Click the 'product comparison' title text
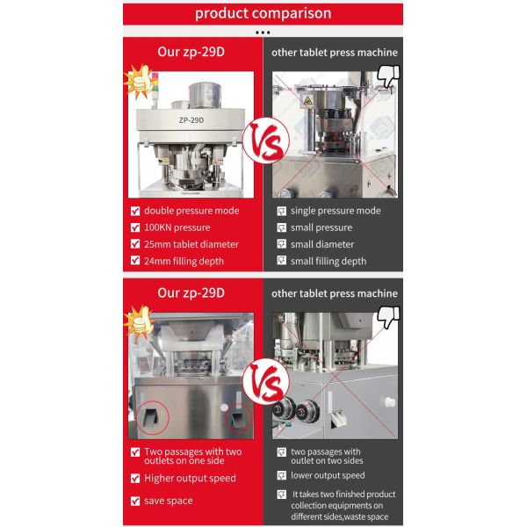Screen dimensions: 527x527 [x=263, y=13]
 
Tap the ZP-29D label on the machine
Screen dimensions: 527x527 [x=191, y=120]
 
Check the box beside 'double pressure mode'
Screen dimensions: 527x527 [x=135, y=211]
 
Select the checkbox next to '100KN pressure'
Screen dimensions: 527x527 [x=135, y=227]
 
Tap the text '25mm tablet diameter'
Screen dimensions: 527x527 [x=191, y=244]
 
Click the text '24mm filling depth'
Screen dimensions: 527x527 [x=184, y=261]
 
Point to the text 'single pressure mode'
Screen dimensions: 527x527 [x=336, y=211]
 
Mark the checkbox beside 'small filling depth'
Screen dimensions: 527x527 [x=282, y=260]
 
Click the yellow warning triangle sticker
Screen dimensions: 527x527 [x=307, y=101]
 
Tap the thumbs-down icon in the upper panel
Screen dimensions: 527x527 [x=388, y=76]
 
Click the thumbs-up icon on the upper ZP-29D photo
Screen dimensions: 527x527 [x=141, y=82]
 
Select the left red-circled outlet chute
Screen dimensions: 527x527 [x=152, y=417]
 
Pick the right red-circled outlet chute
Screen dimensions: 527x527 [x=238, y=418]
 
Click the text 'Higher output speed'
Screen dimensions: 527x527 [x=190, y=479]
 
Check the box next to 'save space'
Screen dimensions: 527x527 [x=135, y=502]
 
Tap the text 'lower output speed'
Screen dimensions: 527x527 [x=328, y=475]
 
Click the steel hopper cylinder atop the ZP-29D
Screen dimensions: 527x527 [x=205, y=96]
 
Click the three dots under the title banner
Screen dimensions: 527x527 [x=263, y=32]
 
